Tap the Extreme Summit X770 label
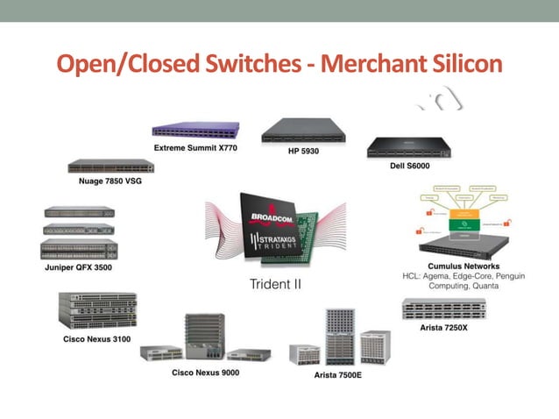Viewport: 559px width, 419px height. click(195, 148)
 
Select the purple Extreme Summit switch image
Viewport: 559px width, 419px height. click(195, 131)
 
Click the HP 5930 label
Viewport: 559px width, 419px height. click(302, 151)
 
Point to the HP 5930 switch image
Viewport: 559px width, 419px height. click(303, 131)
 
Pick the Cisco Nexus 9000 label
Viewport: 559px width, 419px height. click(205, 373)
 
